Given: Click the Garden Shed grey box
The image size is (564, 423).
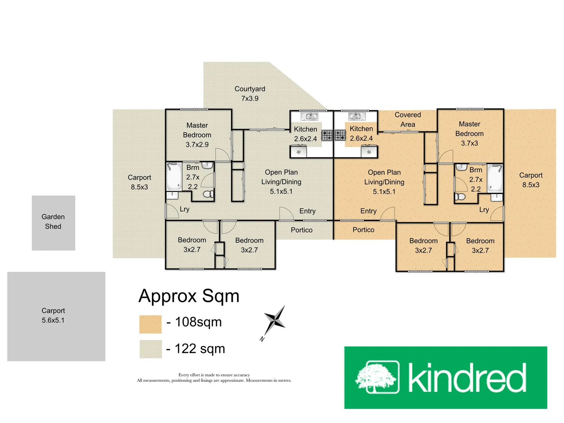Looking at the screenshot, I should click(x=53, y=222).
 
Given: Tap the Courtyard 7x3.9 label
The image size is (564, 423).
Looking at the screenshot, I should click(x=250, y=94).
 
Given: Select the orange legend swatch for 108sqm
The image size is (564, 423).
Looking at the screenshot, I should click(x=150, y=324).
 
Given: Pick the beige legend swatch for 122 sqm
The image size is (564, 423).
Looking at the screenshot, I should click(x=150, y=349).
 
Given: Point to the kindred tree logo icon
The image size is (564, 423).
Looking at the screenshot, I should click(x=377, y=377).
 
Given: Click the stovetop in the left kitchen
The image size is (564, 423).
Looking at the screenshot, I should click(x=327, y=136).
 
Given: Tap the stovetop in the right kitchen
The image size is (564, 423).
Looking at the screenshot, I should click(x=340, y=136).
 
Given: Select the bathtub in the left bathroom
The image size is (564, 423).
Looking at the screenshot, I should click(x=174, y=176).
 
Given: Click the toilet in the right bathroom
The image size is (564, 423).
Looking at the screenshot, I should click(x=460, y=196).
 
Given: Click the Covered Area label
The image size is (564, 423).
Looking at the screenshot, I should click(x=408, y=119).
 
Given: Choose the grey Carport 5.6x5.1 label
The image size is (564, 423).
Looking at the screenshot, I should click(x=53, y=315).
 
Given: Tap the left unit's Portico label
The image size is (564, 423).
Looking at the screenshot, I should click(x=302, y=230).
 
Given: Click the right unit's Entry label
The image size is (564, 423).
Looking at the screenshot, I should click(x=368, y=211).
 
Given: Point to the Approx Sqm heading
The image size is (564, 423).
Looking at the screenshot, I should click(x=189, y=296).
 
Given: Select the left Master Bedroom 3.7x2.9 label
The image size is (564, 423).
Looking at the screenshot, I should click(x=197, y=135).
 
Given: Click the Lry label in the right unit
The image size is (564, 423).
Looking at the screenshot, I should click(x=484, y=210).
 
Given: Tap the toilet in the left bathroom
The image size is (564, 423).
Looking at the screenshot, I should click(x=208, y=193).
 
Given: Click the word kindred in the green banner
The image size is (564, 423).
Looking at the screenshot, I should click(x=467, y=378).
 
